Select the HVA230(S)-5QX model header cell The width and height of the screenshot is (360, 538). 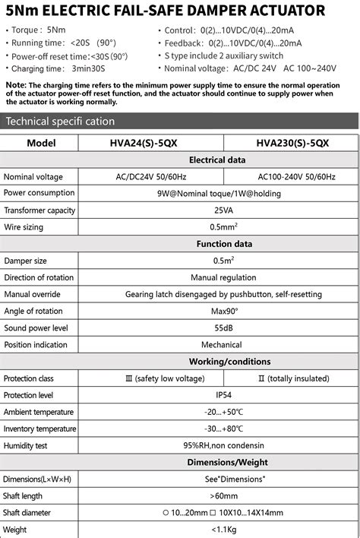pyautogui.click(x=292, y=143)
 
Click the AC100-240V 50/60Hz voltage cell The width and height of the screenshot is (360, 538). pyautogui.click(x=292, y=176)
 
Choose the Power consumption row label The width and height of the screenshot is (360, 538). pyautogui.click(x=39, y=193)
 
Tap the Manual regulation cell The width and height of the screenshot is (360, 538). pyautogui.click(x=223, y=277)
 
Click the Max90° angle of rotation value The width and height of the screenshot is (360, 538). pyautogui.click(x=223, y=311)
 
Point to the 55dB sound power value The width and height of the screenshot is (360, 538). pyautogui.click(x=223, y=328)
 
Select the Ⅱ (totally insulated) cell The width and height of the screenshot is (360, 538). pyautogui.click(x=292, y=378)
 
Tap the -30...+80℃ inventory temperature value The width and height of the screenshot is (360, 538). pyautogui.click(x=223, y=429)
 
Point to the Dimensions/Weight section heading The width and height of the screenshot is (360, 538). pyautogui.click(x=228, y=462)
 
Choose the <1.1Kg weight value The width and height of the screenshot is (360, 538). pyautogui.click(x=223, y=529)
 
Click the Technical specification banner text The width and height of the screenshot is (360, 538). pyautogui.click(x=60, y=122)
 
